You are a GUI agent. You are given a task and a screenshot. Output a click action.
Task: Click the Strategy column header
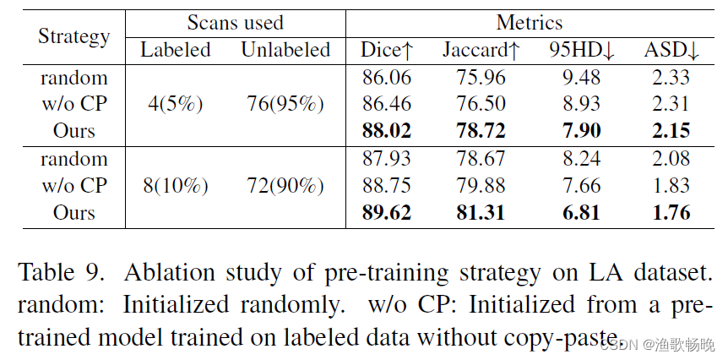(x=74, y=36)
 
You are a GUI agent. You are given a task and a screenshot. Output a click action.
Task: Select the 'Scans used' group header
(x=235, y=23)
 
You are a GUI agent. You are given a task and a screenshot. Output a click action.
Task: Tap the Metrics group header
(x=529, y=23)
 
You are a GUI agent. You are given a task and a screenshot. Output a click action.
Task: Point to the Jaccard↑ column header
(x=481, y=51)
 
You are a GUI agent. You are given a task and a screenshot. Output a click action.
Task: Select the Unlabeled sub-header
(x=285, y=51)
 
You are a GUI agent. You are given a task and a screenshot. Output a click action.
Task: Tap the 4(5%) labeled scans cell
(x=175, y=105)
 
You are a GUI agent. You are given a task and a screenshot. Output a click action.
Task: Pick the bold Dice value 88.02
(x=386, y=131)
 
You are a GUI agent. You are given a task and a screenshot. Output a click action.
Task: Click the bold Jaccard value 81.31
(x=481, y=212)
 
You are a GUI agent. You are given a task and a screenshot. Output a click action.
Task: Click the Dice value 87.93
(x=386, y=159)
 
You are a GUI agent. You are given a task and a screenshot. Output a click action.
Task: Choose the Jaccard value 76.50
(x=481, y=105)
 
